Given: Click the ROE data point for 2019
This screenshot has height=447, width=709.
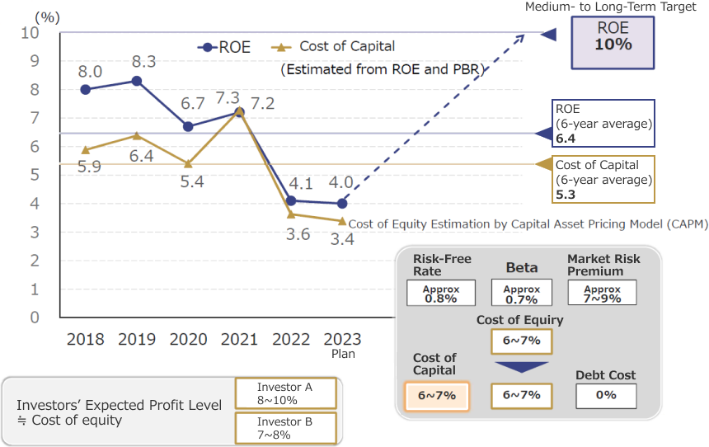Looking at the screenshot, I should click(136, 81).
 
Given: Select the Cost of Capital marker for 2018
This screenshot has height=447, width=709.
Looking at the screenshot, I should click(85, 149).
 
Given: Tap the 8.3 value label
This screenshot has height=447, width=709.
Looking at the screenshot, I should click(143, 61).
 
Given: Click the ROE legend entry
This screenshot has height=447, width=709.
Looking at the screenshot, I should click(224, 47).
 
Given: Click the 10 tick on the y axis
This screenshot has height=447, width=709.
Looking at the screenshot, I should click(31, 33).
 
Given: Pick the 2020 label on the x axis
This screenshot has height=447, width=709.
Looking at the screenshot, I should click(187, 338).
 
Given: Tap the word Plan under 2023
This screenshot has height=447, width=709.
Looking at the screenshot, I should click(342, 353).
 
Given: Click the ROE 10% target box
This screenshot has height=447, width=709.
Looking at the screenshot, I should click(613, 37).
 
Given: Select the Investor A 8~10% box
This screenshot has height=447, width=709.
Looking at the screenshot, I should click(285, 393).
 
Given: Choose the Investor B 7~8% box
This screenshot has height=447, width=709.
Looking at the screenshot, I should click(285, 427).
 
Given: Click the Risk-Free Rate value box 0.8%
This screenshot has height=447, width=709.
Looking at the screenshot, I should click(441, 294).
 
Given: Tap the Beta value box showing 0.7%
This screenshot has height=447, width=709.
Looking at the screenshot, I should click(521, 294).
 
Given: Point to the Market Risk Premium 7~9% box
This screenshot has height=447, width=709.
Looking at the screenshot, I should click(602, 294).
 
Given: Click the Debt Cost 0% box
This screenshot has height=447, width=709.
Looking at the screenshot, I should click(606, 395).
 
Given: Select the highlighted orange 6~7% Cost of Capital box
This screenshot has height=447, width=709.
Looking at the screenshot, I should click(436, 395).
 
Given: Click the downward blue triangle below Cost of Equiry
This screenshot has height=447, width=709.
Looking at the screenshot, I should click(521, 367).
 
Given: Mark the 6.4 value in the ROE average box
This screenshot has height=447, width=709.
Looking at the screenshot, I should click(566, 139).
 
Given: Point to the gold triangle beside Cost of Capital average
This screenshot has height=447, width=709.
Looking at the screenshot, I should click(543, 164).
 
